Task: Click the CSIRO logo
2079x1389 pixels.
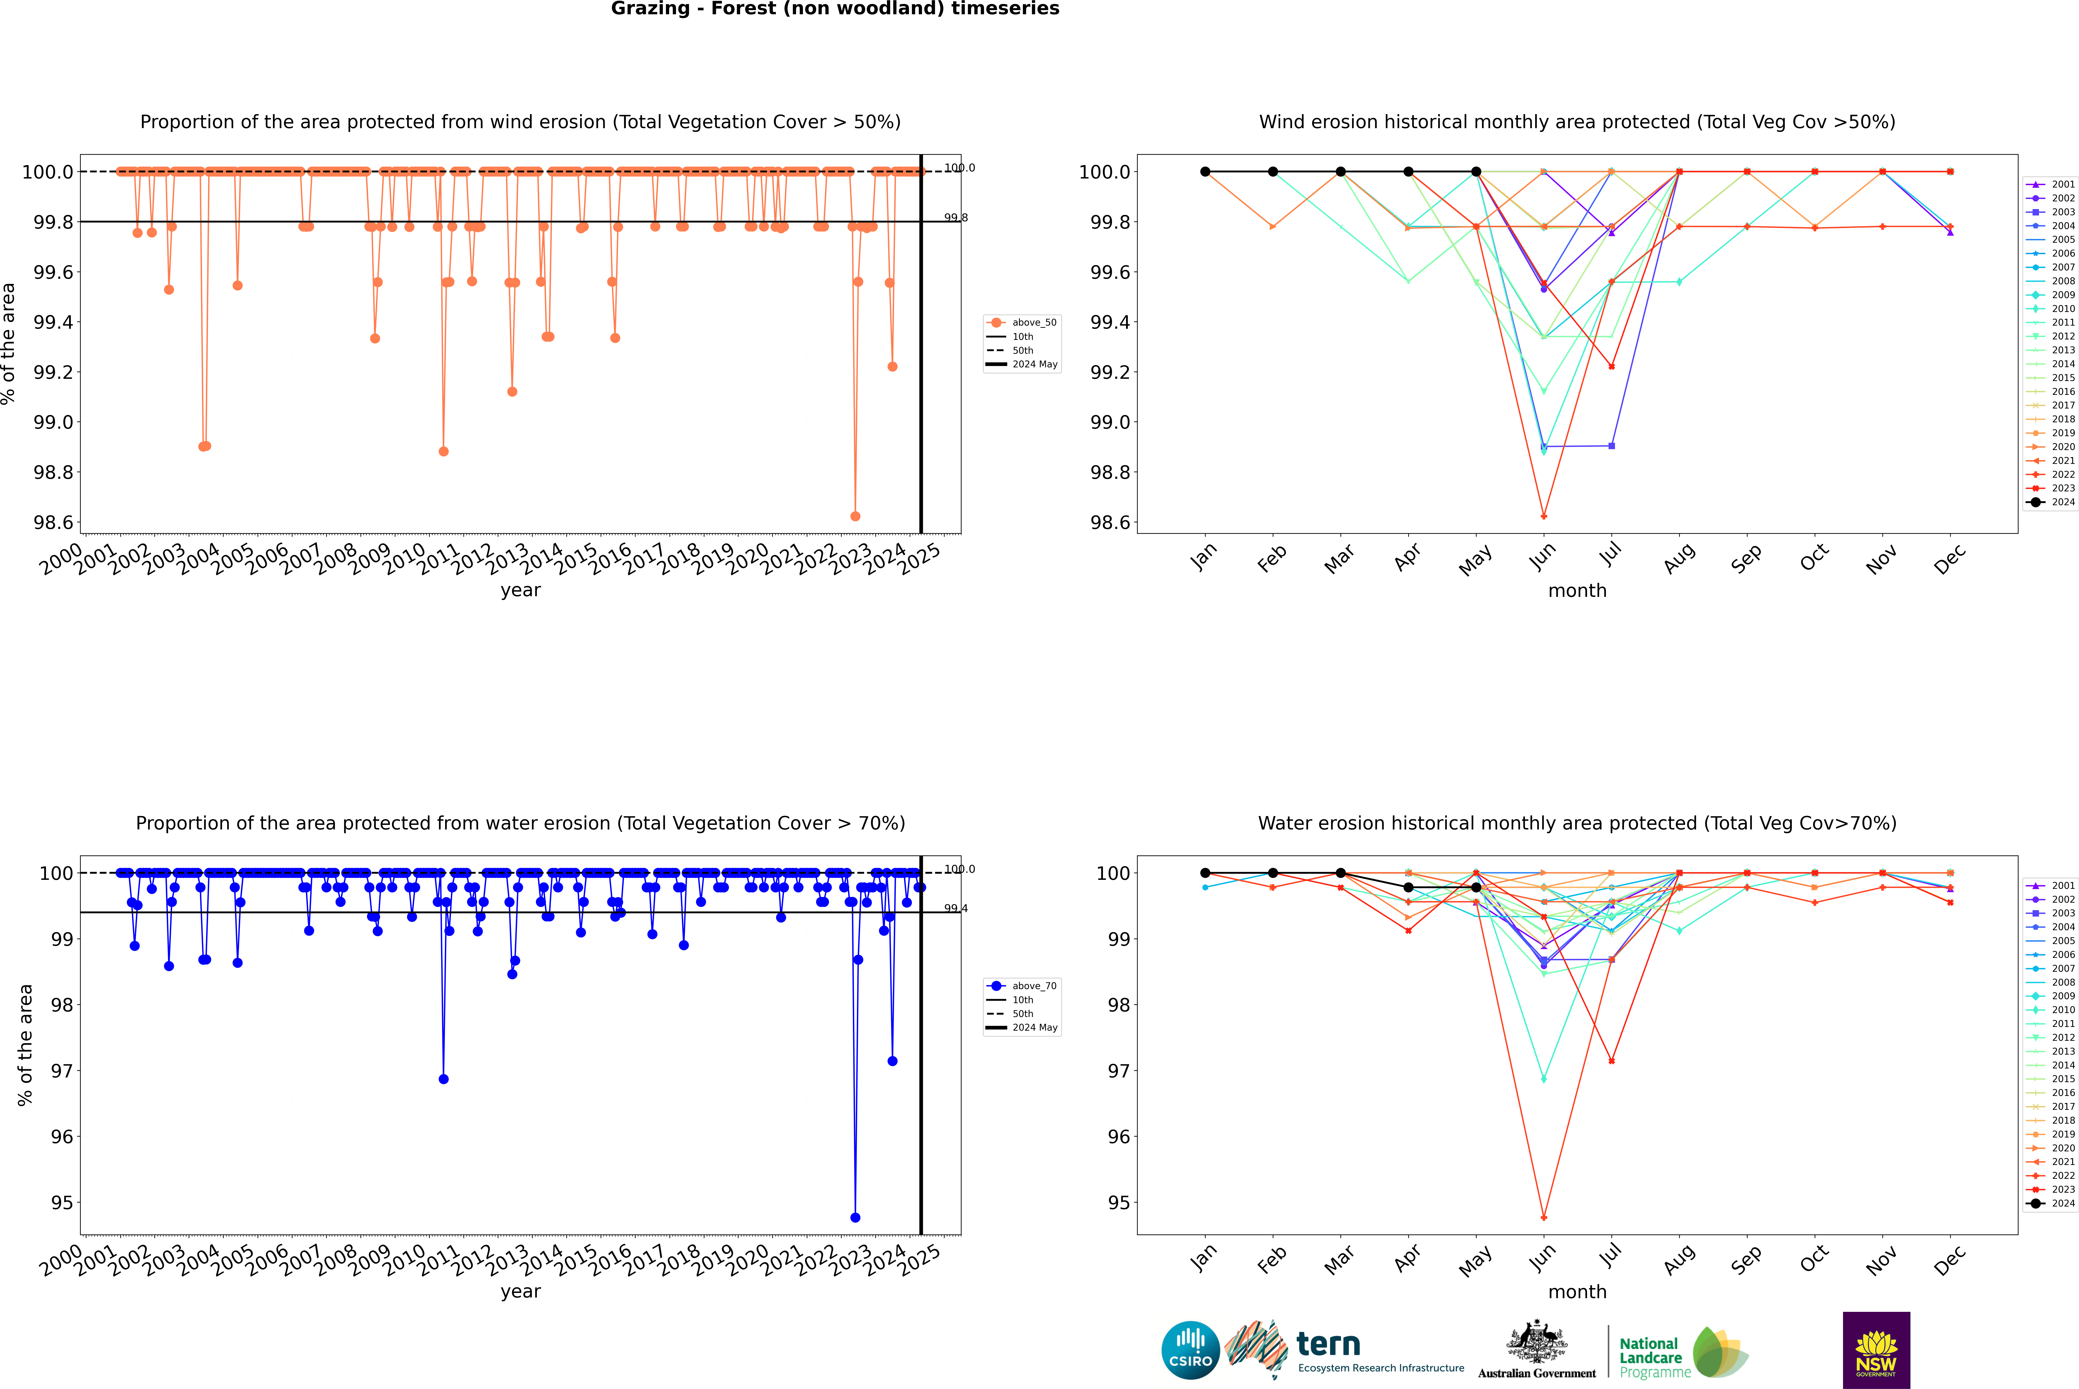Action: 1190,1350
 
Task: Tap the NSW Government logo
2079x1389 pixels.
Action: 1876,1350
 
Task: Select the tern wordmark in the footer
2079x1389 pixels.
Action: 1327,1345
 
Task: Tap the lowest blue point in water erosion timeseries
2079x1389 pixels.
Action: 855,1217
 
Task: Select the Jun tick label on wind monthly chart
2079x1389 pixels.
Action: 1543,555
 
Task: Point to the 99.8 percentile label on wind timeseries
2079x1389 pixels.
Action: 955,218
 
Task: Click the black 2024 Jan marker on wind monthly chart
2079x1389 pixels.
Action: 1205,172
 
